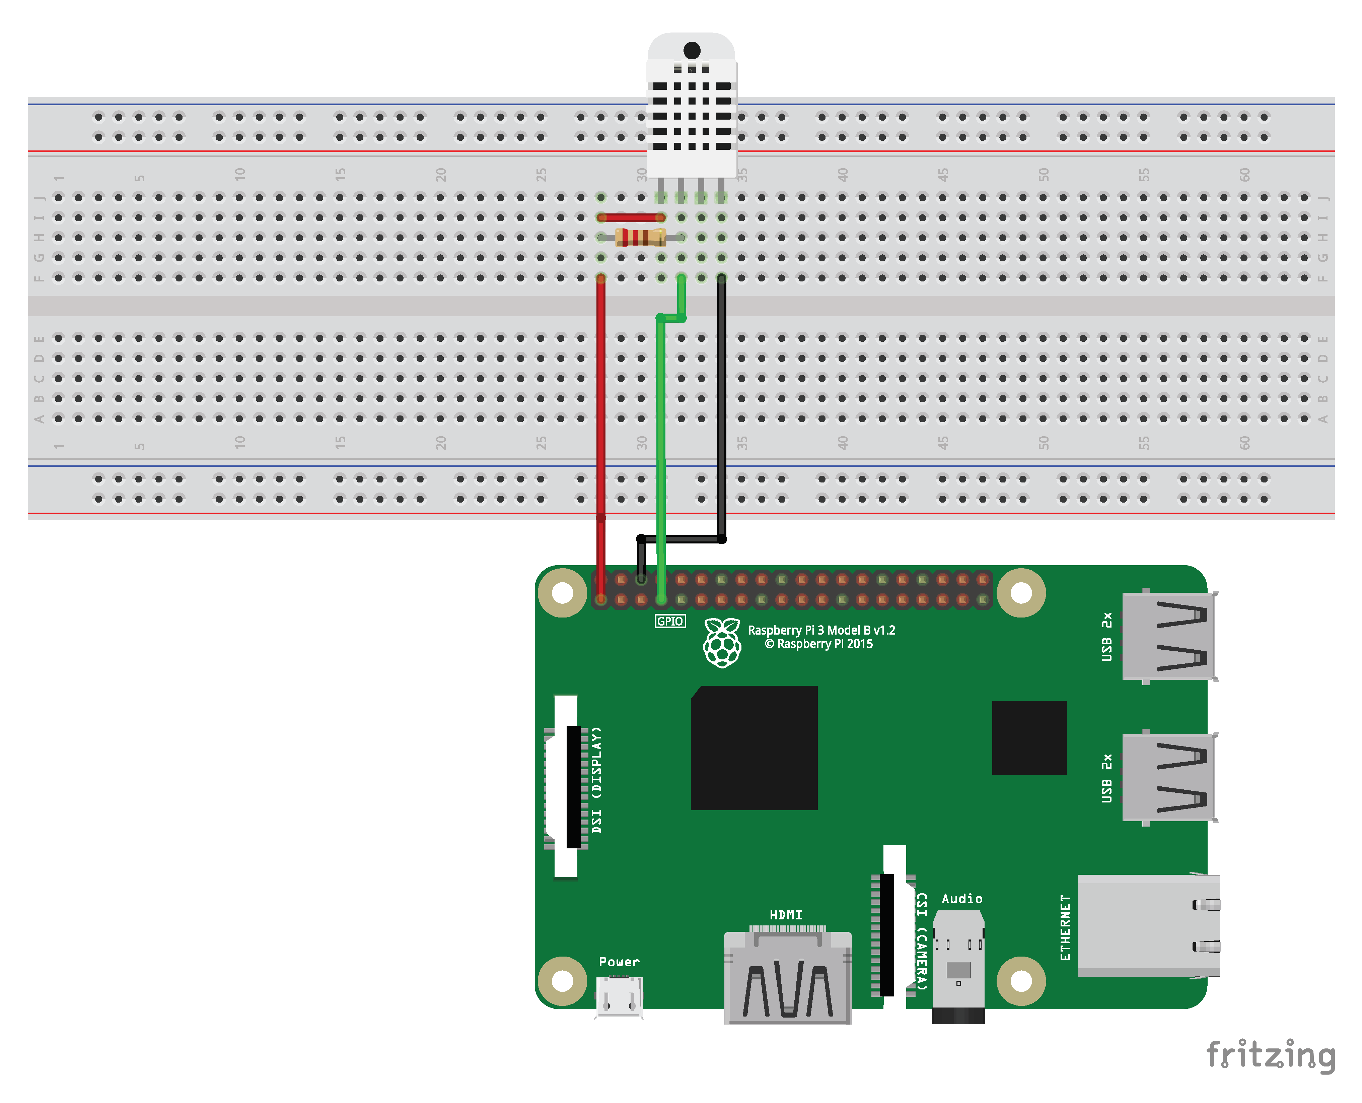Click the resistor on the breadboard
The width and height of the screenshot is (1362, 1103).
pos(640,238)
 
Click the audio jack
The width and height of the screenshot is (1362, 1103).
pos(958,966)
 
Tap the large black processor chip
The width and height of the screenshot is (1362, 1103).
pos(754,748)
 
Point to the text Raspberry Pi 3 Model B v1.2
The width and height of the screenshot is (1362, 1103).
pos(821,630)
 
